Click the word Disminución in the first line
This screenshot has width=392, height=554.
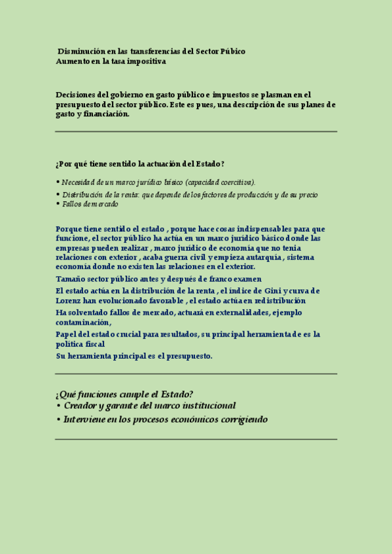(x=78, y=51)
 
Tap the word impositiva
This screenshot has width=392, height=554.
(x=147, y=61)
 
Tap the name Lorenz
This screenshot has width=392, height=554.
(x=69, y=301)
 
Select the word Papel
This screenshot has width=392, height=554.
(x=67, y=334)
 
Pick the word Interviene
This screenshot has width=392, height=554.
(x=85, y=419)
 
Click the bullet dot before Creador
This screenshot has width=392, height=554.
(x=58, y=406)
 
